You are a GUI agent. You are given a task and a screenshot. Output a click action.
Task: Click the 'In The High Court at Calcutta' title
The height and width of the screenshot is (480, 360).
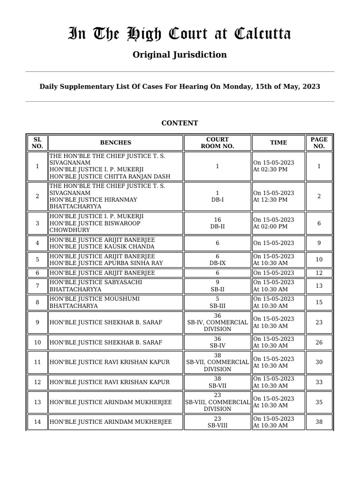point(180,34)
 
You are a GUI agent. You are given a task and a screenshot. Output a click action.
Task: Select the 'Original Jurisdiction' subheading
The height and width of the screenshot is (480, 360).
point(180,55)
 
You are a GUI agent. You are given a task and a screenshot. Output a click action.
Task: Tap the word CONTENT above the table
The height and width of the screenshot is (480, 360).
point(180,123)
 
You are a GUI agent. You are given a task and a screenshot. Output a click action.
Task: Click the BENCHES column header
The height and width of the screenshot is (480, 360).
point(115,143)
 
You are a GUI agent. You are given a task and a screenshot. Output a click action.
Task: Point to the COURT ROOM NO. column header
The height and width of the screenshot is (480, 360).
point(217,143)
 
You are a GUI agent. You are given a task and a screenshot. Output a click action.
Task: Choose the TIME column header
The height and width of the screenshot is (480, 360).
point(278,143)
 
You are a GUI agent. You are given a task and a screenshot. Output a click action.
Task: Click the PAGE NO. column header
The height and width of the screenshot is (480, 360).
point(319,143)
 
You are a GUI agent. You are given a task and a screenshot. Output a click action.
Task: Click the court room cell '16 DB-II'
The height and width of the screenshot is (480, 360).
point(217,223)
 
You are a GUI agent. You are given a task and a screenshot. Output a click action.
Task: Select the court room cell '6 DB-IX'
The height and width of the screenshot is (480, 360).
point(217,260)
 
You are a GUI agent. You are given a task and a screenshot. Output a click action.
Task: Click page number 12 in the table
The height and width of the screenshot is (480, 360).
point(319,273)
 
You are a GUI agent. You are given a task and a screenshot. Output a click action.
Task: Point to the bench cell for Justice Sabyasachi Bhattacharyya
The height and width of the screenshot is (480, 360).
point(115,286)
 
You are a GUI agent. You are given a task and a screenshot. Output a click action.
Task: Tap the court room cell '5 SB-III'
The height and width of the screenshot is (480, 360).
point(217,302)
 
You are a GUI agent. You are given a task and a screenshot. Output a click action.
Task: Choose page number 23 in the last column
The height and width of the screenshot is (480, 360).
point(319,322)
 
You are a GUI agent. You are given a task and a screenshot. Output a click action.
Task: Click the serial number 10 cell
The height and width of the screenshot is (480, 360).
point(37,343)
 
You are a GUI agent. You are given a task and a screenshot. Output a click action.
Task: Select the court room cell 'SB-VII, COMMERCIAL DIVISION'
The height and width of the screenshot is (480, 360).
point(217,362)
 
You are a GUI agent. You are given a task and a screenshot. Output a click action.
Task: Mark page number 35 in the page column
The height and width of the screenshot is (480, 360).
point(319,402)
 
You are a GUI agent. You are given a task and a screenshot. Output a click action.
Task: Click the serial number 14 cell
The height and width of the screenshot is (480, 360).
point(37,422)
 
